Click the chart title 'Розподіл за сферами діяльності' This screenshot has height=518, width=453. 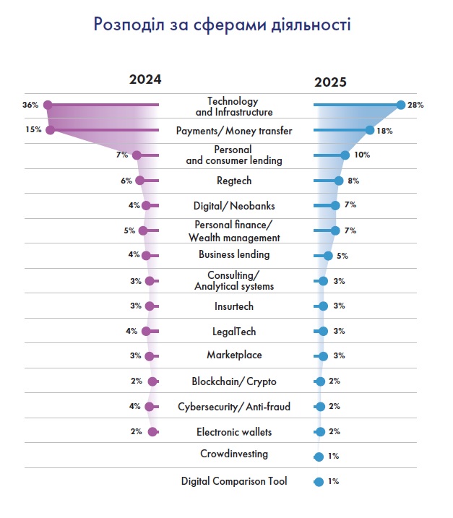(x=223, y=25)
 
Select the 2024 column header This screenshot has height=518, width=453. (x=145, y=80)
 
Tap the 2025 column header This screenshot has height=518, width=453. (x=330, y=82)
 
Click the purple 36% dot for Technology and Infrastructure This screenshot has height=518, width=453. (x=48, y=105)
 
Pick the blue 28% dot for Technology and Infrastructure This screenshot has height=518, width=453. (x=401, y=105)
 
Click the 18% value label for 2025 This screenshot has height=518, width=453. (x=384, y=130)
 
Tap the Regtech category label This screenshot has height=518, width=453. (x=233, y=181)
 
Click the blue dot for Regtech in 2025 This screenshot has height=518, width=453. (x=339, y=181)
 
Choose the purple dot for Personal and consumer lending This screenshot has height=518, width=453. (x=137, y=155)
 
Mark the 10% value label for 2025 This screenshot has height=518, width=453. (x=362, y=155)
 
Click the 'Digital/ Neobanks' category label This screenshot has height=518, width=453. (x=233, y=207)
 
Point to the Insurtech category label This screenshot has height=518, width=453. (x=233, y=306)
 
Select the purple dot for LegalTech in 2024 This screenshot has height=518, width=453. (x=146, y=332)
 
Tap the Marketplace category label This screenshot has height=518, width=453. (x=233, y=355)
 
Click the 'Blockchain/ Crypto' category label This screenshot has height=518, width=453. (x=233, y=381)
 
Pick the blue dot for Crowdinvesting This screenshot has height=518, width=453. (x=319, y=457)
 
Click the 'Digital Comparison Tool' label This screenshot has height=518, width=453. (x=233, y=480)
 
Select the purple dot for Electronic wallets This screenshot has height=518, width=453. (x=152, y=432)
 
